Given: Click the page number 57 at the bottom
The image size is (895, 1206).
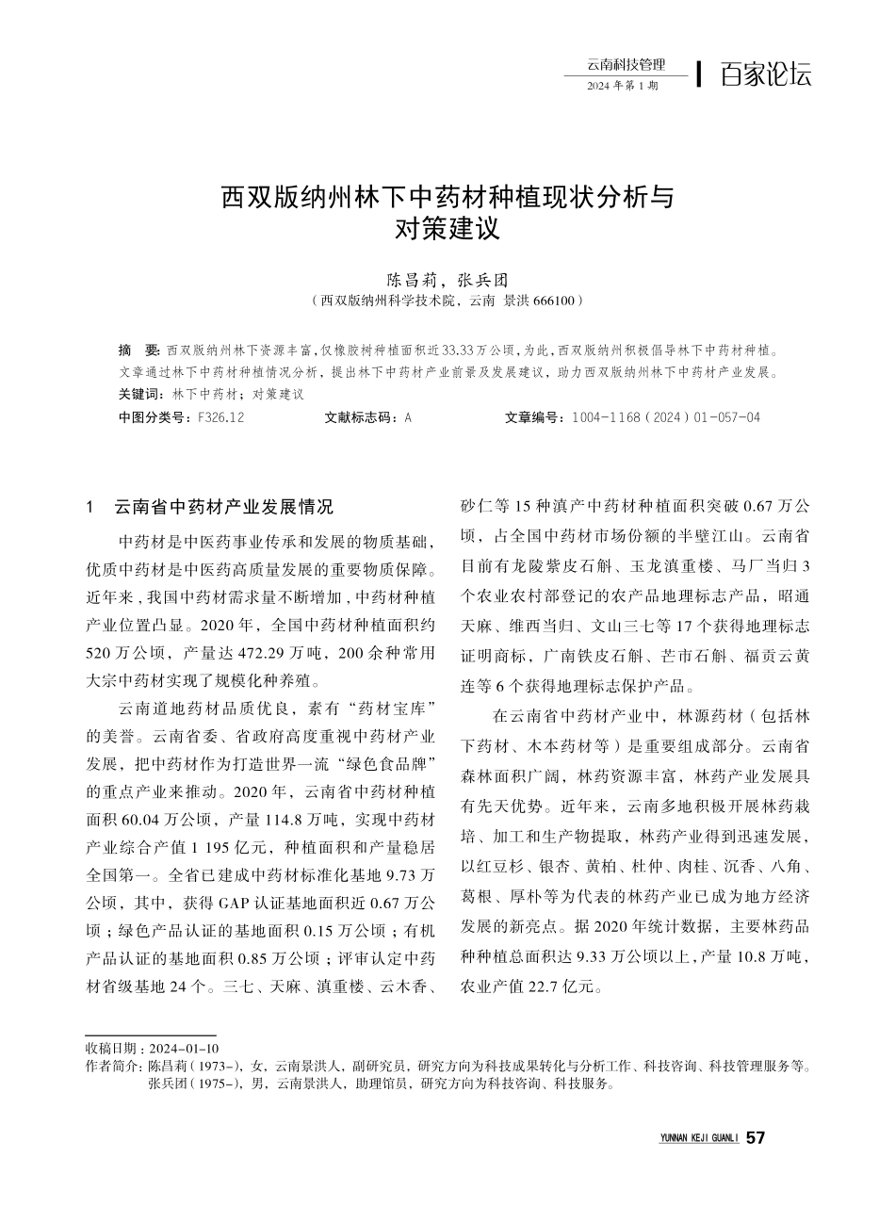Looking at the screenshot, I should [755, 1138].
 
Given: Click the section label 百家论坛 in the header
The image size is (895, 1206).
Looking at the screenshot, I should [765, 74].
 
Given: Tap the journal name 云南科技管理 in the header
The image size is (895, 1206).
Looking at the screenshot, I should [625, 64].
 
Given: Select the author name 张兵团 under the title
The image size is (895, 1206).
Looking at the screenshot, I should [482, 280].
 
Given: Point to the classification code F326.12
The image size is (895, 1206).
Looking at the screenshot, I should [222, 416].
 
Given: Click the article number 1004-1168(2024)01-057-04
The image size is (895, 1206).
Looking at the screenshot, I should [665, 416].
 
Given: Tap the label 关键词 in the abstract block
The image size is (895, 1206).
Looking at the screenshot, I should [140, 394].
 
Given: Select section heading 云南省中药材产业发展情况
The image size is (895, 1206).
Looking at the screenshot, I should [223, 507].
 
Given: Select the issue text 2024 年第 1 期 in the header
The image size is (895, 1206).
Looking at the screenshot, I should [622, 86].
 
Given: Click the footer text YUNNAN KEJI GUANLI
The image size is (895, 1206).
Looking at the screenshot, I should [698, 1139].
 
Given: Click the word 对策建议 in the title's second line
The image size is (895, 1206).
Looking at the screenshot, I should [447, 228].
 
